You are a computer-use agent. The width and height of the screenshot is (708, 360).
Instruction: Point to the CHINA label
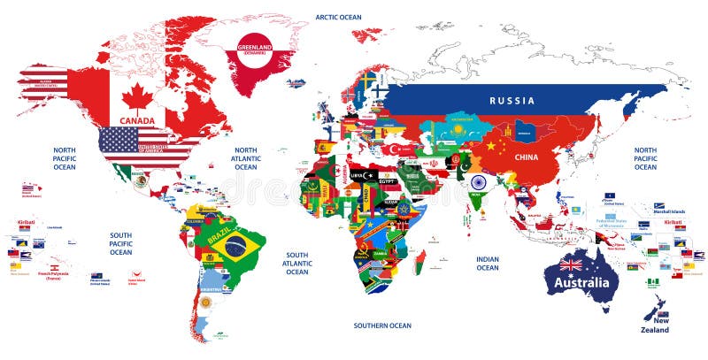[x=526, y=157]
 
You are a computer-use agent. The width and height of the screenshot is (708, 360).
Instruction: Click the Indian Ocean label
[x=488, y=263]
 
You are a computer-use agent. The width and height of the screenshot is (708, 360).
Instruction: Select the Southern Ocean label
[x=381, y=326]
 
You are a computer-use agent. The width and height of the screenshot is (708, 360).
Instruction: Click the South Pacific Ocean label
[x=120, y=244]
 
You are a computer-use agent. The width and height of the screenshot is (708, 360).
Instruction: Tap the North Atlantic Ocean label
[x=245, y=158]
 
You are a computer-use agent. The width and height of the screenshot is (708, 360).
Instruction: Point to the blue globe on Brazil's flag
[x=236, y=247]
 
